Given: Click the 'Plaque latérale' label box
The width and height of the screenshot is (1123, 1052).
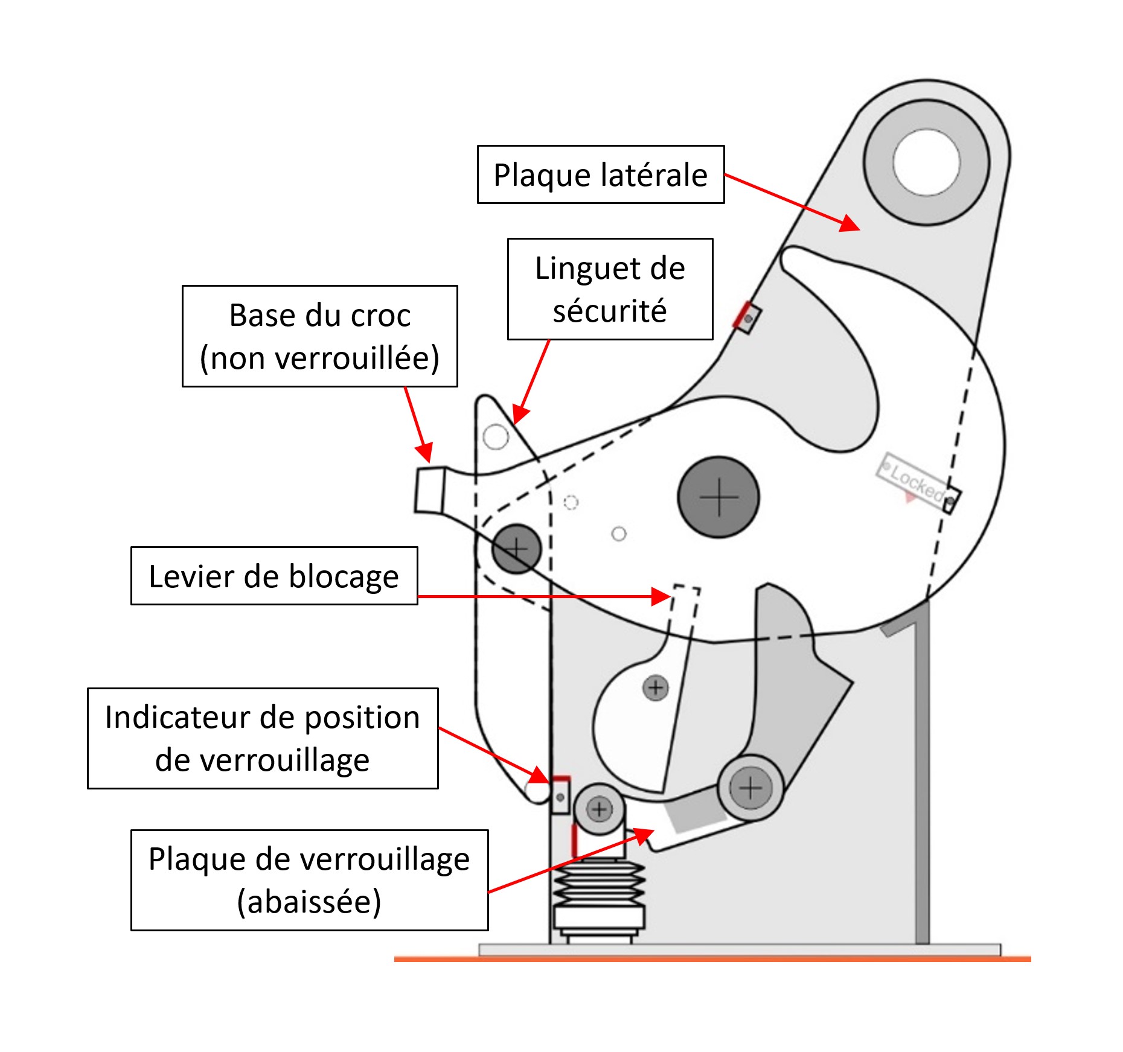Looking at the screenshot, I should (x=600, y=174).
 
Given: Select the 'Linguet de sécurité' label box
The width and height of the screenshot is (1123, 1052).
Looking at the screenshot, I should (x=610, y=289).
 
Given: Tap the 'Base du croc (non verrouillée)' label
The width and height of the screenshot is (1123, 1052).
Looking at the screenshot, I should (x=319, y=336).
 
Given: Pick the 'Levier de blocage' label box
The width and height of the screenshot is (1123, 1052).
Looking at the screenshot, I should (x=274, y=576).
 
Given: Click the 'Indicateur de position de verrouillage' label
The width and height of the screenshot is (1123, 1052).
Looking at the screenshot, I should (x=263, y=738).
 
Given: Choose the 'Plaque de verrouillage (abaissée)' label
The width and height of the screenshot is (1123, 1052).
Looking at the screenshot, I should (x=309, y=880).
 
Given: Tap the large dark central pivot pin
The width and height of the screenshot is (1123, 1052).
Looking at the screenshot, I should (x=718, y=497).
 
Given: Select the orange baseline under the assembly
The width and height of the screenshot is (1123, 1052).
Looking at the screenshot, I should (x=712, y=958).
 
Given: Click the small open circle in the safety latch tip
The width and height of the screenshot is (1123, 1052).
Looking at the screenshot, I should (x=496, y=436).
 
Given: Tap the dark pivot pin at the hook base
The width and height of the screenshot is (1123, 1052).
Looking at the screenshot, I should (x=516, y=549).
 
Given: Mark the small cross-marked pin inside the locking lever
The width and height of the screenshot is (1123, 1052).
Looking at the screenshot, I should (x=656, y=687).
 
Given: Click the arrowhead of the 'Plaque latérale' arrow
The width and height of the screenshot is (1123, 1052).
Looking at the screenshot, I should (x=851, y=224).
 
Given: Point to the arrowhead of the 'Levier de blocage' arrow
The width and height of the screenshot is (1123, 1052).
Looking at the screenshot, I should (x=663, y=596).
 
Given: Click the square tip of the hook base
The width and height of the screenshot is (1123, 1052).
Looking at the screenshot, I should (x=430, y=490).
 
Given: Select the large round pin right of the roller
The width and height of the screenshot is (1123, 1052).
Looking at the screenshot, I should (x=750, y=788).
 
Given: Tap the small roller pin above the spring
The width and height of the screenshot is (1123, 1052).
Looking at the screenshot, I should (x=599, y=809).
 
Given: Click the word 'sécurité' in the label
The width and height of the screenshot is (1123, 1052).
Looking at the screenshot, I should (x=610, y=311).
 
